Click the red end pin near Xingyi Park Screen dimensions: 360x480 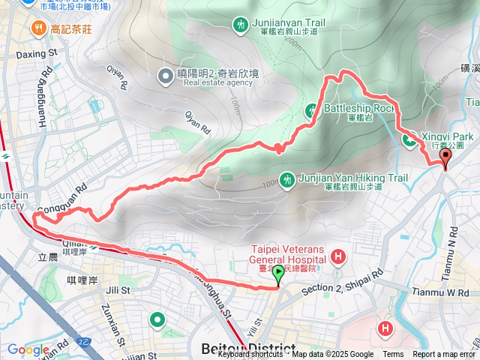pos(445,158)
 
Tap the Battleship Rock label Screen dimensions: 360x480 pos(358,108)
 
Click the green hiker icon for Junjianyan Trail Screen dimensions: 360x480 pos(240,24)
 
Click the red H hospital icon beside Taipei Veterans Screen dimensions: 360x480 pos(338,257)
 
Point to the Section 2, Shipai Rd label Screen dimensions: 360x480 pos(342,279)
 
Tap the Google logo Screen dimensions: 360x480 pos(28,349)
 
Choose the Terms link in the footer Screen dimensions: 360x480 pos(393,355)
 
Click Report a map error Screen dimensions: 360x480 pos(443,355)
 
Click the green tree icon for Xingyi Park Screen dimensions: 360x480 pos(410,139)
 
